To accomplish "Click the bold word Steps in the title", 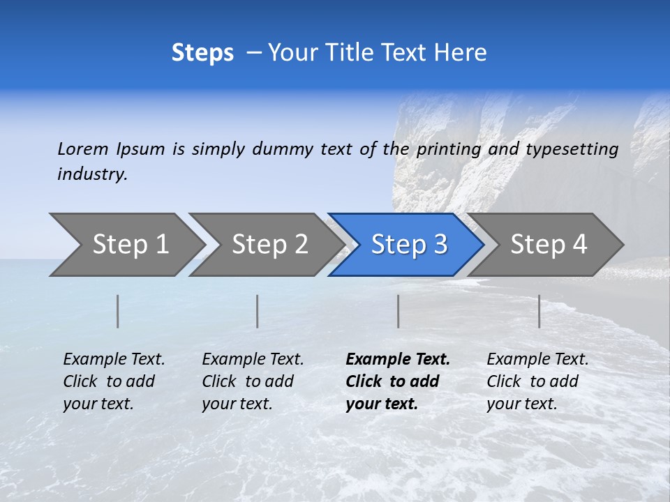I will pyautogui.click(x=202, y=53).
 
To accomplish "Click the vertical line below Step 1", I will pyautogui.click(x=118, y=311).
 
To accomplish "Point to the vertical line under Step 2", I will pyautogui.click(x=258, y=311).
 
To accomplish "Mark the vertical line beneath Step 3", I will pyautogui.click(x=399, y=311).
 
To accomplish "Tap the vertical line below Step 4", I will pyautogui.click(x=539, y=311).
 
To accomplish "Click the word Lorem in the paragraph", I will pyautogui.click(x=83, y=149).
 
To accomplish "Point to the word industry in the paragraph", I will pyautogui.click(x=92, y=174).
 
